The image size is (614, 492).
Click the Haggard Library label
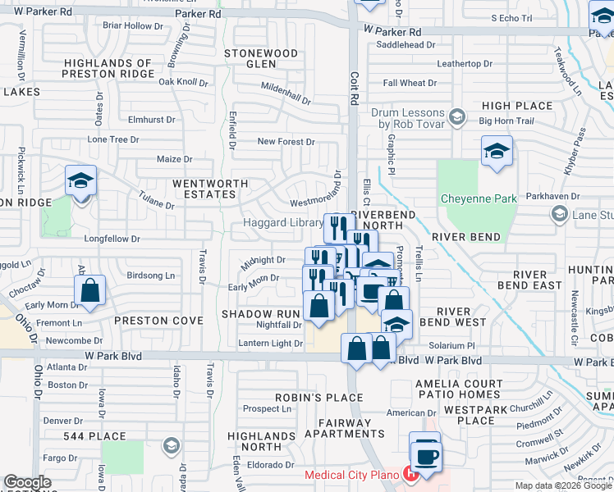pos(282,223)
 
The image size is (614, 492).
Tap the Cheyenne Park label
pos(479,198)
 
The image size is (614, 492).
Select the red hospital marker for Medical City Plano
pos(410,474)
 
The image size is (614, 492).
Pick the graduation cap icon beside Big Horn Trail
pos(497,153)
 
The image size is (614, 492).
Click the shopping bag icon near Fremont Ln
pos(90,290)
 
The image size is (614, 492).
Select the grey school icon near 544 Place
pos(171,446)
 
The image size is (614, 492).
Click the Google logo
pos(27,482)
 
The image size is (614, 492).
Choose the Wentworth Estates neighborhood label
pos(204,189)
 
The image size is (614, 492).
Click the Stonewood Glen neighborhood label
pos(261,58)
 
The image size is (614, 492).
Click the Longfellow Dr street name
pos(113,239)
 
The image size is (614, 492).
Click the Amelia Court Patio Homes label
pos(470,390)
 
